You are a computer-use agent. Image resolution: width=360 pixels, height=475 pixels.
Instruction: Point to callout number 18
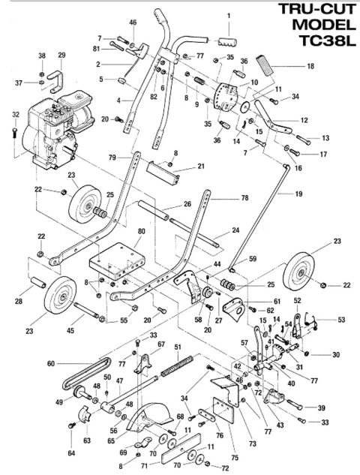click(310, 67)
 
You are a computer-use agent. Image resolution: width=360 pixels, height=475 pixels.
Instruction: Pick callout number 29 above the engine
click(61, 55)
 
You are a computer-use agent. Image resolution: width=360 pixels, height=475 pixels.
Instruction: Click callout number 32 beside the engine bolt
click(15, 115)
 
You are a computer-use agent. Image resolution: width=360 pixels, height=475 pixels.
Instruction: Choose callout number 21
click(201, 166)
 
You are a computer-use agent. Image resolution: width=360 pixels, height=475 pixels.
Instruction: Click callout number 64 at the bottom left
click(72, 452)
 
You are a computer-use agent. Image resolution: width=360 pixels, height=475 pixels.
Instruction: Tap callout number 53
click(341, 320)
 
